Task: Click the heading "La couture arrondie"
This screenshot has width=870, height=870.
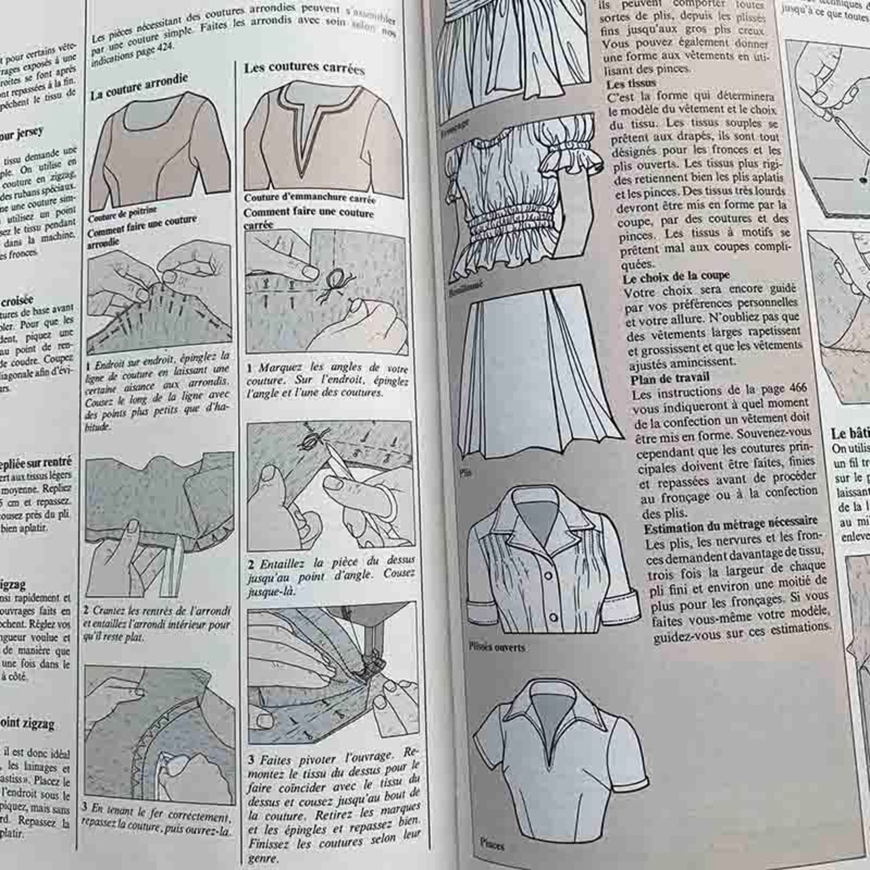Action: (139, 87)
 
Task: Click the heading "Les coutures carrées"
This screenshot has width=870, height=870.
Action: (304, 67)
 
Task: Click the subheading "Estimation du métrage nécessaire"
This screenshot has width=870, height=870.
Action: (731, 524)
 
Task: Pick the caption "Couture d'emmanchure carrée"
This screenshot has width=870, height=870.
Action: (309, 198)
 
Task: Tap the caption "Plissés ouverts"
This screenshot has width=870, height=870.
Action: (497, 647)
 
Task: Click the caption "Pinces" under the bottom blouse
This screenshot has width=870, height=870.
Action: (491, 843)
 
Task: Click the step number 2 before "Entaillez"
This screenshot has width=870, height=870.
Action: (251, 564)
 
